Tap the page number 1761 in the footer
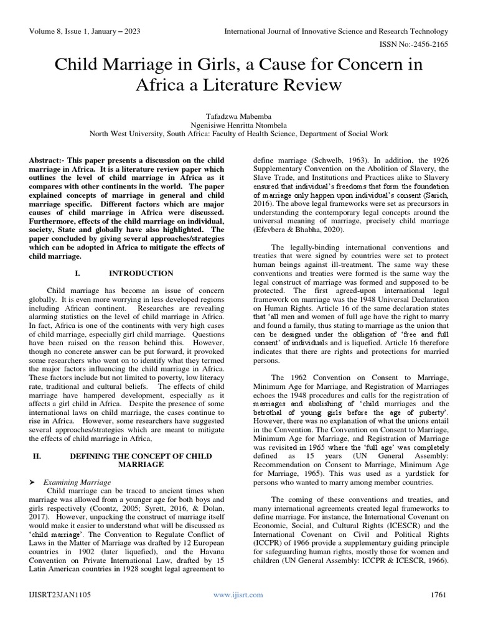439,595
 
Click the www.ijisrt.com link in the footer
238,595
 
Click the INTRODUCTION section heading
141,273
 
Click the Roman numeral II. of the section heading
37,456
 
